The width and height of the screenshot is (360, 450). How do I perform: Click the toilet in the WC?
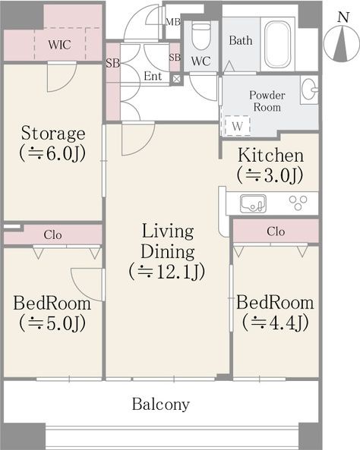pyautogui.click(x=201, y=36)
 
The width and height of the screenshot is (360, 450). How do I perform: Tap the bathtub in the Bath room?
pyautogui.click(x=277, y=45)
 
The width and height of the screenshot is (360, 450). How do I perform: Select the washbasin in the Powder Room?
pyautogui.click(x=309, y=90)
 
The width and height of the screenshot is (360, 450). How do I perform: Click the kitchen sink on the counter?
pyautogui.click(x=253, y=203)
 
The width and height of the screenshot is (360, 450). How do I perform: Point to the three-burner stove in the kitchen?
pyautogui.click(x=298, y=203)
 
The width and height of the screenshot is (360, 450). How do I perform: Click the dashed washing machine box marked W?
pyautogui.click(x=237, y=125)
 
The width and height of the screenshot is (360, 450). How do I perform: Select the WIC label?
pyautogui.click(x=59, y=45)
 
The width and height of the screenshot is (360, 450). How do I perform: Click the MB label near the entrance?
pyautogui.click(x=173, y=22)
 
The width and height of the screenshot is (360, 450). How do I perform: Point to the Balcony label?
pyautogui.click(x=160, y=404)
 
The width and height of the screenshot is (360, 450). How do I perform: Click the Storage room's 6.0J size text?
pyautogui.click(x=52, y=153)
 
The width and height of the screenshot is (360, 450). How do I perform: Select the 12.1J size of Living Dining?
pyautogui.click(x=167, y=271)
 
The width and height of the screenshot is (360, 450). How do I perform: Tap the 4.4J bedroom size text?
pyautogui.click(x=276, y=323)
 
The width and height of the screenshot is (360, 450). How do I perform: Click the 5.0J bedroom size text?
pyautogui.click(x=52, y=323)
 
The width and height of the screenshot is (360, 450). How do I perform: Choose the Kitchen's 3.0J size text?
pyautogui.click(x=270, y=175)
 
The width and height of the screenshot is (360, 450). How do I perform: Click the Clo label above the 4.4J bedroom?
pyautogui.click(x=276, y=231)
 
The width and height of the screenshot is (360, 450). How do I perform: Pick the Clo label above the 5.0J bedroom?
pyautogui.click(x=52, y=234)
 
